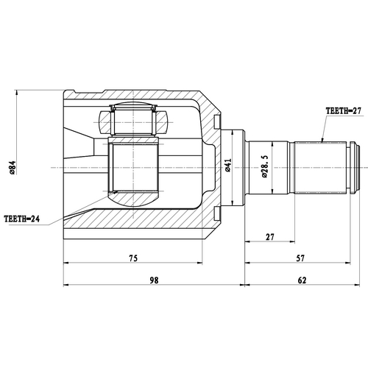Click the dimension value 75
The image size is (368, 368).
(x=133, y=258)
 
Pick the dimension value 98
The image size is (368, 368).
(x=154, y=280)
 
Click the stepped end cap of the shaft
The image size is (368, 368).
(x=355, y=168)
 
